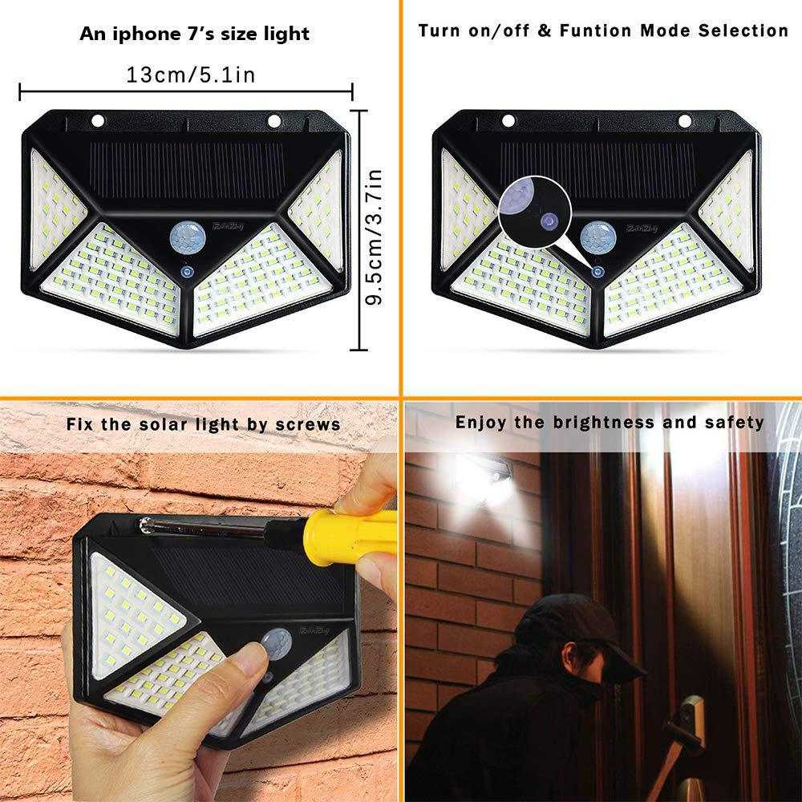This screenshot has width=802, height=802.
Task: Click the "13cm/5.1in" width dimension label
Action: [190, 75]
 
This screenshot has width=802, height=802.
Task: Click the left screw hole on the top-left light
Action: [99, 121]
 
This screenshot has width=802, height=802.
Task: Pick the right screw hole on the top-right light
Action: [685, 121]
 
